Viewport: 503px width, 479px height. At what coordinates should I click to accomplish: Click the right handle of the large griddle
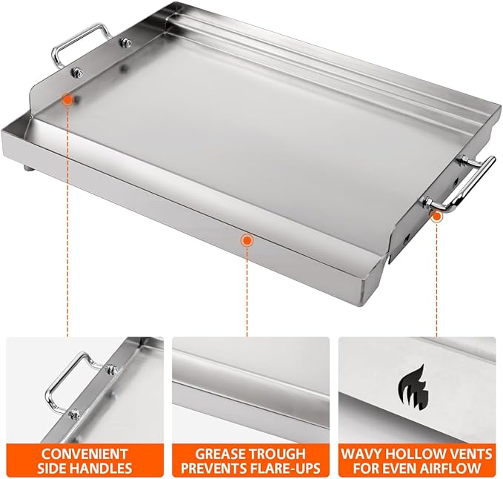[467, 182]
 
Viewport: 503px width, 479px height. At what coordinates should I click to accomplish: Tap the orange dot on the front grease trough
[247, 239]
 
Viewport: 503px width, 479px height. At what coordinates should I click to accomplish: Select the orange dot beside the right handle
[437, 215]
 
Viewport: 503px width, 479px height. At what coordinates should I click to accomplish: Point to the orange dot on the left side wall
[67, 99]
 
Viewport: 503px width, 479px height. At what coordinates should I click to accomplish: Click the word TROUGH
[279, 453]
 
